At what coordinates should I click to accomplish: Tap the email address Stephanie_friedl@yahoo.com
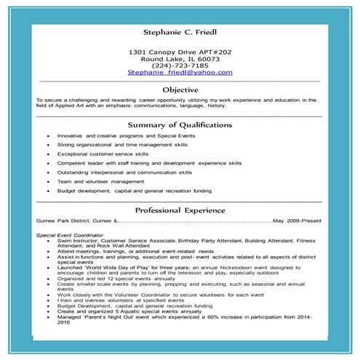point(180,73)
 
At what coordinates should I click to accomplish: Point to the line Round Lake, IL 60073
point(180,59)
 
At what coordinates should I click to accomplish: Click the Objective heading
point(179,89)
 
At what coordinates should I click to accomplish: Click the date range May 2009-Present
point(296,220)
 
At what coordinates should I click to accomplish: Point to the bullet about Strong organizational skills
point(122,145)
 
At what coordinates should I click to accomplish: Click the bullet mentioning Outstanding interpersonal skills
point(125,173)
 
